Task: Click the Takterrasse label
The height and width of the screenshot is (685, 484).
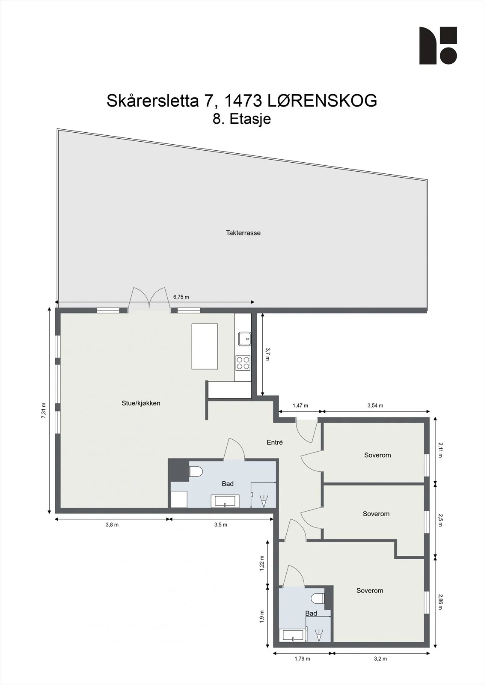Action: point(243,233)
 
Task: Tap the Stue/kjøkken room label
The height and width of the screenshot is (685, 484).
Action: point(141,403)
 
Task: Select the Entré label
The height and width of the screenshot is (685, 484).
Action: point(275,442)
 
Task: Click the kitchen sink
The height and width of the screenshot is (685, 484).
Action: point(245,339)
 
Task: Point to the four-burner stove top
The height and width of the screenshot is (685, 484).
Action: point(243,363)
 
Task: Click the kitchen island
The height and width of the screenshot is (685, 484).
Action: point(205,346)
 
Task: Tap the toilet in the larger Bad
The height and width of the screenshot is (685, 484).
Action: point(196,471)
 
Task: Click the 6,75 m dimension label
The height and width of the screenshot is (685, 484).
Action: point(181,297)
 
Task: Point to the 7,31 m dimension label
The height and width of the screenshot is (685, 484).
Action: point(44,411)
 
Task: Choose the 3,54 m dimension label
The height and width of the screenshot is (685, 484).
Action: point(375,405)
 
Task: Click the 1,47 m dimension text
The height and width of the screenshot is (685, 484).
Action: point(300,405)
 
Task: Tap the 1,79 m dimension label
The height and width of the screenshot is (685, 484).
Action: point(302,659)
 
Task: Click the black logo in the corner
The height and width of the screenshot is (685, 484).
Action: point(438,45)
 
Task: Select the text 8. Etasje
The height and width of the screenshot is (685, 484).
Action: point(242,119)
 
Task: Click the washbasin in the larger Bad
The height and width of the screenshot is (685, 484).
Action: point(225,501)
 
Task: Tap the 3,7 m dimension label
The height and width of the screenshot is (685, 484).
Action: point(268,354)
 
